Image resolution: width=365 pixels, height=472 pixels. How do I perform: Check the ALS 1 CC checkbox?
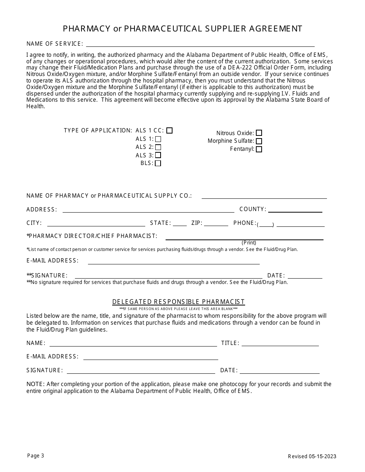169,130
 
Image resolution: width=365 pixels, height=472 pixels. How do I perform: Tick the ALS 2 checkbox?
158,147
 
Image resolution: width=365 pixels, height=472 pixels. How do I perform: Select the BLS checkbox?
158,163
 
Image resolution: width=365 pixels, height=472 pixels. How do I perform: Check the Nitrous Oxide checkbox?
259,133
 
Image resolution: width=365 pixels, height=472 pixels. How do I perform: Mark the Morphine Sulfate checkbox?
259,141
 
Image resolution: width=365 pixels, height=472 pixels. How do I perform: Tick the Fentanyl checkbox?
259,149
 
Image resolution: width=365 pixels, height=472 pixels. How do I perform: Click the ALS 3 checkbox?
158,155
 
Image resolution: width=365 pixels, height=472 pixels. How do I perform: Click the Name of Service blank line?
200,44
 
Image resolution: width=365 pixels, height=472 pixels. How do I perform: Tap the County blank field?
295,210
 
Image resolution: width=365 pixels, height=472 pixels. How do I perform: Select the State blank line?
180,223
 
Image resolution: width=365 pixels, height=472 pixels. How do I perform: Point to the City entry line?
96,223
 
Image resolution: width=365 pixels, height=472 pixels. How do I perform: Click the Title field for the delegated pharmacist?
280,343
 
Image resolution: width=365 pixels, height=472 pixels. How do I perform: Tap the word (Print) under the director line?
249,243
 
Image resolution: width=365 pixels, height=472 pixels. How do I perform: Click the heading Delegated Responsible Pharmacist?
179,302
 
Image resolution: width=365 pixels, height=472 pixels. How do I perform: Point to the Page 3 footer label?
36,456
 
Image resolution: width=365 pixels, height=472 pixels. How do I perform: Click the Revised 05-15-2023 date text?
312,456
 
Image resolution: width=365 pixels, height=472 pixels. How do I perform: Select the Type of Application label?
98,130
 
